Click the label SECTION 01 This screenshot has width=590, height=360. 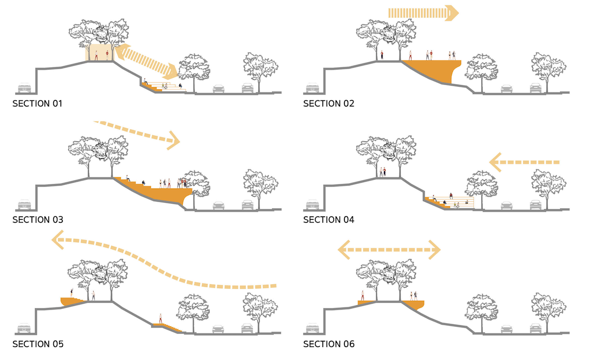(x=37, y=103)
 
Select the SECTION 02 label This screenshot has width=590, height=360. (x=329, y=103)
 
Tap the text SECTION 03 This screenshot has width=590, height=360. (x=37, y=220)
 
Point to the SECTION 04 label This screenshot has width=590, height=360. (x=329, y=220)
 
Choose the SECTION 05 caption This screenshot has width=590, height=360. (x=37, y=344)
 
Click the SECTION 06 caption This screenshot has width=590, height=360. (x=329, y=344)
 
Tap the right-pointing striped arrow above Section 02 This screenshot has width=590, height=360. (x=424, y=13)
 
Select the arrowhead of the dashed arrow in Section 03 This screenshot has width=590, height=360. (x=172, y=140)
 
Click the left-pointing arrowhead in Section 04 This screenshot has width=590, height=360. (x=496, y=162)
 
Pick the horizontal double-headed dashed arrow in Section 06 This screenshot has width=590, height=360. (x=389, y=250)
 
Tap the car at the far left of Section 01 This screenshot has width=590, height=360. (x=24, y=88)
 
